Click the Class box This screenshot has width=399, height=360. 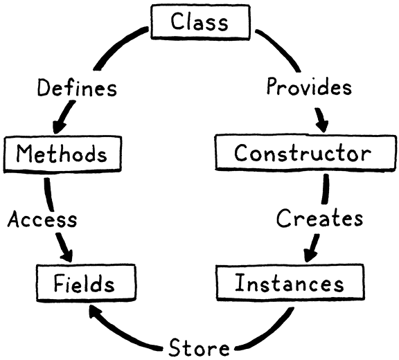click(199, 21)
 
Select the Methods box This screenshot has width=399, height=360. click(62, 154)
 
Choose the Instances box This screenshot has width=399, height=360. click(289, 284)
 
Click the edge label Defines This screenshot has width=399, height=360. click(77, 88)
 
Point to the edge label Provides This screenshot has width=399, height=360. click(309, 88)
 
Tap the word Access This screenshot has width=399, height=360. click(42, 219)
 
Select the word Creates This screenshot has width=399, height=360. click(319, 219)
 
